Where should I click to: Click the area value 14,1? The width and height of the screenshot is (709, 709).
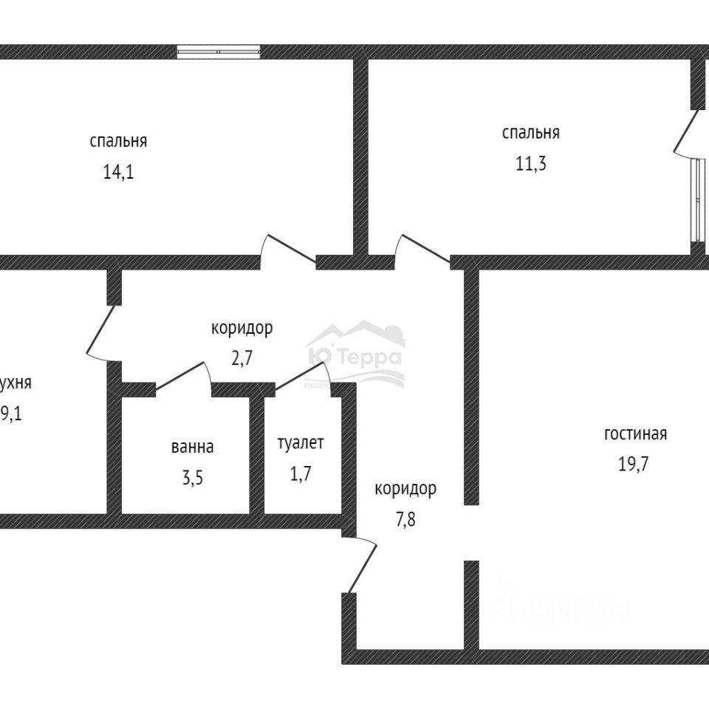click(118, 172)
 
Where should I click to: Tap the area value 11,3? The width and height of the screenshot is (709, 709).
click(530, 163)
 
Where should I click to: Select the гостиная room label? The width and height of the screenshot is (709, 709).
click(635, 434)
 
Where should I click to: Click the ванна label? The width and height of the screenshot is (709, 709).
click(192, 447)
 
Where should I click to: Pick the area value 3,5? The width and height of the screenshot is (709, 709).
click(192, 476)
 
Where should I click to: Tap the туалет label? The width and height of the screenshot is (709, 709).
click(301, 443)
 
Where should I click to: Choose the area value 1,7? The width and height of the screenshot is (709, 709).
click(301, 473)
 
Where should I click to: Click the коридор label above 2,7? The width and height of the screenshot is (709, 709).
click(242, 328)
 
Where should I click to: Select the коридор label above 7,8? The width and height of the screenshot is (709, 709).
click(405, 488)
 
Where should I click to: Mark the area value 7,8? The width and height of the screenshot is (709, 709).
click(405, 518)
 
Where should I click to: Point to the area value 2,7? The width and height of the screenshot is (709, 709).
click(242, 358)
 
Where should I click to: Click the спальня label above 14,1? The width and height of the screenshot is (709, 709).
click(118, 141)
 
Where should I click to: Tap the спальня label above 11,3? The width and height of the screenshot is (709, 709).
click(530, 133)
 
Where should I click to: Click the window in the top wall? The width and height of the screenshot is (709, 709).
click(219, 52)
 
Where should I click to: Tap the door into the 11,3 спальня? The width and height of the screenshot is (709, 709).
click(423, 250)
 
